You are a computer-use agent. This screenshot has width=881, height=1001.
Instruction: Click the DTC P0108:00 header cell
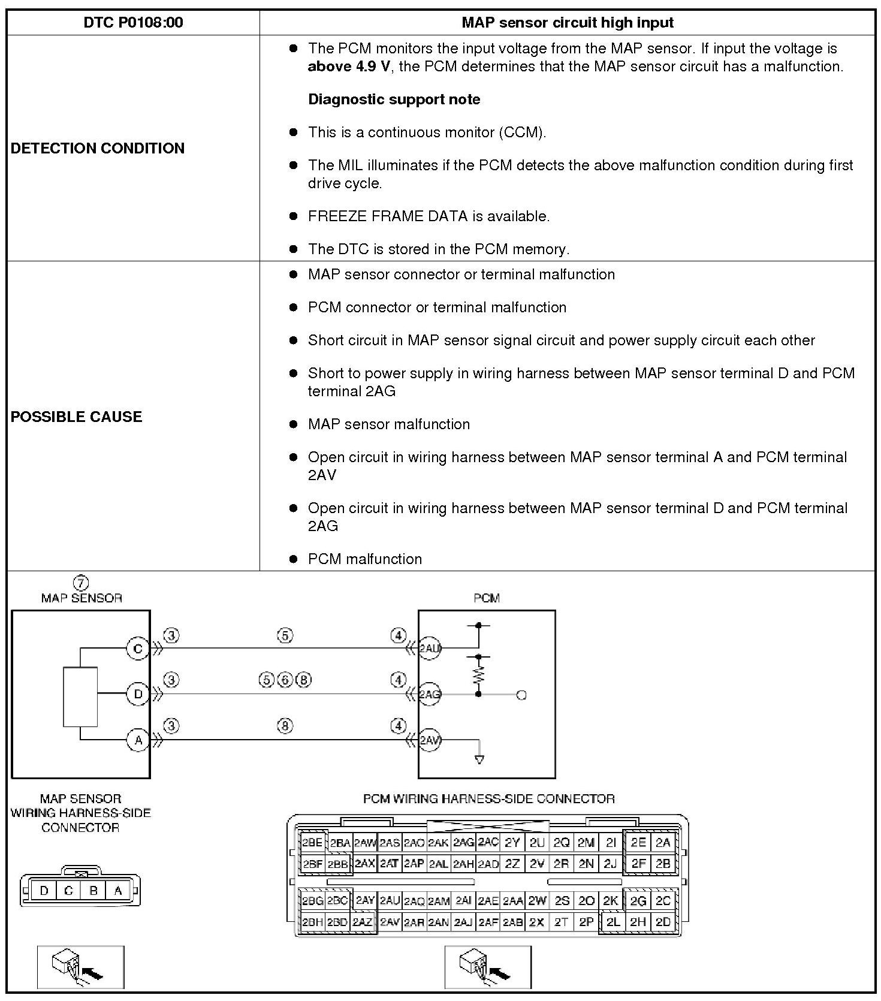133,23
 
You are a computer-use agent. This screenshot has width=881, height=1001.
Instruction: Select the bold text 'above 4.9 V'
349,67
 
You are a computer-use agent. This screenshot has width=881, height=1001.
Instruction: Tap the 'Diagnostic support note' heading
394,100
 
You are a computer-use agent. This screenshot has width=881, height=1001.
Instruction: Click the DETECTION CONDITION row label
98,148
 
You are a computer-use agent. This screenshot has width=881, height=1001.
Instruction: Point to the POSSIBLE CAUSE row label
77,417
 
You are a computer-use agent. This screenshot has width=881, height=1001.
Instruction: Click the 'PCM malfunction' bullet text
364,559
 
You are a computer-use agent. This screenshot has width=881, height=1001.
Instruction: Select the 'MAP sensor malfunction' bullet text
388,424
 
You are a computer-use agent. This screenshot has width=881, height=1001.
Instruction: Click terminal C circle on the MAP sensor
138,648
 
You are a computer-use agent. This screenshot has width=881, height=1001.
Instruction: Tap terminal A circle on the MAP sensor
138,740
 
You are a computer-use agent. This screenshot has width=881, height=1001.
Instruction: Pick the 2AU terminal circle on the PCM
429,648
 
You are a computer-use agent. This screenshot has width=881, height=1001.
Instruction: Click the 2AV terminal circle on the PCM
429,740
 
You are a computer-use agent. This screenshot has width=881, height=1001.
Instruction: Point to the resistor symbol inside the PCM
478,676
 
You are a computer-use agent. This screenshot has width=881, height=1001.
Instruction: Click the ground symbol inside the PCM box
479,759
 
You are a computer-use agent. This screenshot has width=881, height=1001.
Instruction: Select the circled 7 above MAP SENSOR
81,583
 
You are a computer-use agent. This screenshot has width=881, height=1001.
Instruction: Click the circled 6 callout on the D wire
285,680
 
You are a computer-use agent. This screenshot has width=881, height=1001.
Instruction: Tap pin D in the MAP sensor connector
44,891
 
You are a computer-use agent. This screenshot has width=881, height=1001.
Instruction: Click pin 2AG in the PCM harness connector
463,842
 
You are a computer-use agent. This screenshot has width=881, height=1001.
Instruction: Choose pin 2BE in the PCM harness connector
312,842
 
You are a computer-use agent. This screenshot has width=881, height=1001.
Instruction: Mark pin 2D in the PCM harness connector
663,922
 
